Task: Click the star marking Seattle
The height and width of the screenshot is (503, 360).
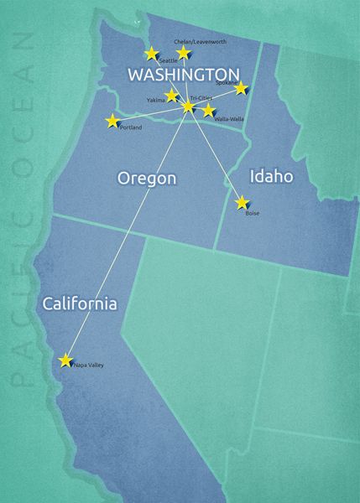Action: (x=151, y=54)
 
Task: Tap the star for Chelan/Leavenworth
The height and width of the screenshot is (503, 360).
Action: (x=184, y=53)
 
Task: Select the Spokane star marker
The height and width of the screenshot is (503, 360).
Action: (x=241, y=88)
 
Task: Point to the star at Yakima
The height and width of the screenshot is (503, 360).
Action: (x=172, y=96)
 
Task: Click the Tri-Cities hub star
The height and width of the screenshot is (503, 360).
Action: (x=188, y=107)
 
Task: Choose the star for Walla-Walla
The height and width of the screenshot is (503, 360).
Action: (x=209, y=111)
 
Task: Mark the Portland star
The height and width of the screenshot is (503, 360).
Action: (x=112, y=122)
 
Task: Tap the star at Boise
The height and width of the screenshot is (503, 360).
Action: (x=243, y=202)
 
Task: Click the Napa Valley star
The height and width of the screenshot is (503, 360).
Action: (x=65, y=360)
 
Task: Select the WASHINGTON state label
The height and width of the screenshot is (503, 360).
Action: (x=182, y=74)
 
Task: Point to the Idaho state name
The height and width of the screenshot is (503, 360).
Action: (x=272, y=176)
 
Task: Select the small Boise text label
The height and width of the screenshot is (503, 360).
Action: (x=253, y=213)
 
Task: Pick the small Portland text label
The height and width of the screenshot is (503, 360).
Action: (x=132, y=127)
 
